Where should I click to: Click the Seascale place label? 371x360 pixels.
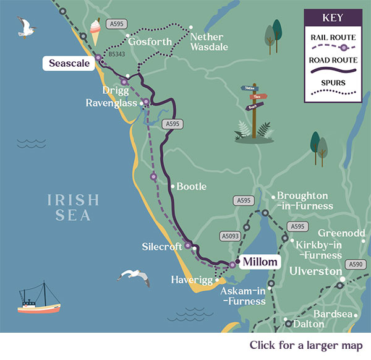68,62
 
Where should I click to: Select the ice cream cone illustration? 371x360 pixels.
95,31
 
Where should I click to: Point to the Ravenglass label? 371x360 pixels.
111,103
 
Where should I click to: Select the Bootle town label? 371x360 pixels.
192,186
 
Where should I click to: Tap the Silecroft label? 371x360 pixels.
161,246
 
